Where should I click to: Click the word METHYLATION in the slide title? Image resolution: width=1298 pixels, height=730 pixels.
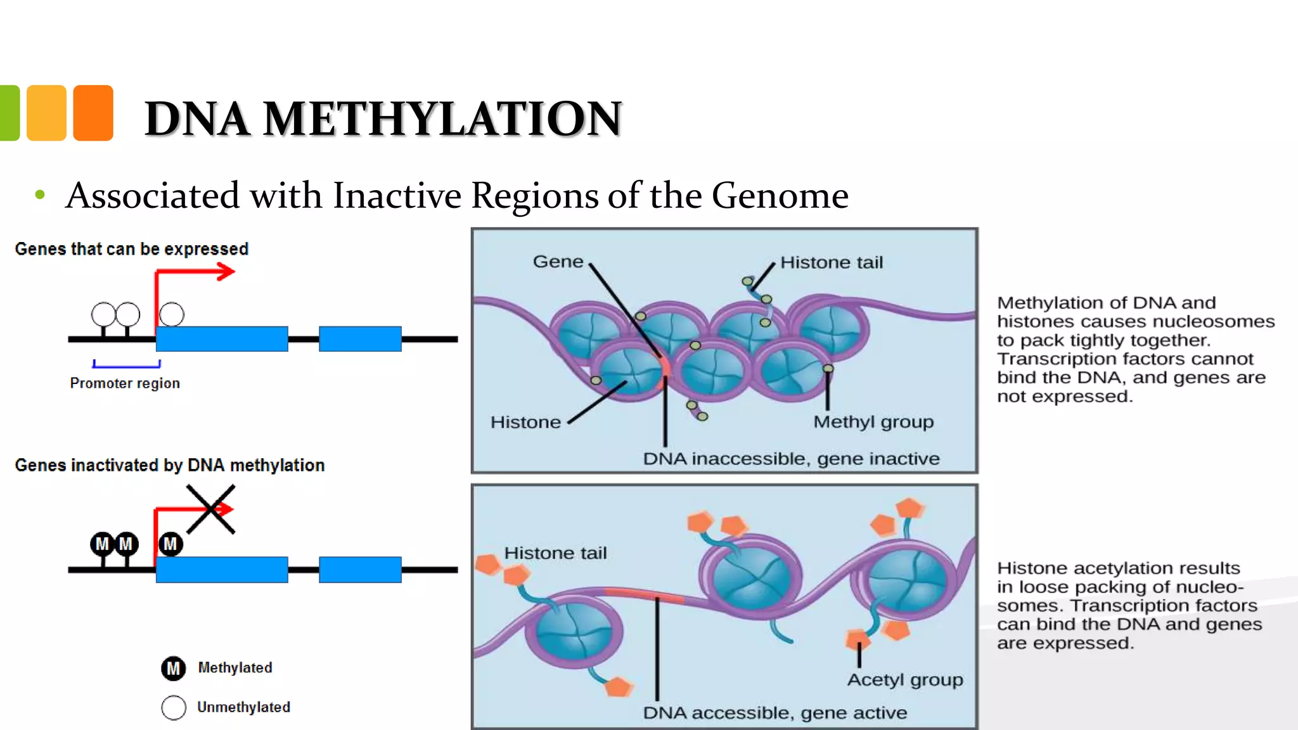click(x=442, y=119)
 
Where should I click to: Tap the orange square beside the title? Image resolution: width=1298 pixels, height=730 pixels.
click(x=93, y=113)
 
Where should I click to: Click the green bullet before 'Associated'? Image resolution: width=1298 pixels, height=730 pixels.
click(x=40, y=195)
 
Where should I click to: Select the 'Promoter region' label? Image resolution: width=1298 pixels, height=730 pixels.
click(x=125, y=383)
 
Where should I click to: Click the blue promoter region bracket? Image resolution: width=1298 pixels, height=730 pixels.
click(x=127, y=365)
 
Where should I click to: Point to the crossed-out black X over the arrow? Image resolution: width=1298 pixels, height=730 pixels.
click(x=211, y=509)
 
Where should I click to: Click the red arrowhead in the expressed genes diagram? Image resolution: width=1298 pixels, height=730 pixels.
click(x=226, y=272)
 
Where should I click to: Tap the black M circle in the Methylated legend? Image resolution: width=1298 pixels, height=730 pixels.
click(x=173, y=669)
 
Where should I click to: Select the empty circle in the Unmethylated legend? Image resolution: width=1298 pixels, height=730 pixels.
click(x=174, y=708)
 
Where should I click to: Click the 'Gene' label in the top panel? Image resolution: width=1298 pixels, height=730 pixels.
click(x=558, y=262)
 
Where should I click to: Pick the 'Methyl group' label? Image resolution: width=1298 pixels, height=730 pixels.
click(x=873, y=422)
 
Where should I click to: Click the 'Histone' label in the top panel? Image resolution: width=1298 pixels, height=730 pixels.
click(x=525, y=423)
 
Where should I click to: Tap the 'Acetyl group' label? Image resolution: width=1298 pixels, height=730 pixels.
click(x=905, y=680)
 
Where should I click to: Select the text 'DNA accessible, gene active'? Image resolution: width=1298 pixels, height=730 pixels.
click(x=774, y=714)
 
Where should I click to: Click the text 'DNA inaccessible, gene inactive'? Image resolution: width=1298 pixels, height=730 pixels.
click(x=791, y=459)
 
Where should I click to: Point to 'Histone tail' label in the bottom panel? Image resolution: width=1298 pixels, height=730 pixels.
click(x=555, y=553)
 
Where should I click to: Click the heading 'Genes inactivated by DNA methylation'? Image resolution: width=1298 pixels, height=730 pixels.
click(x=170, y=465)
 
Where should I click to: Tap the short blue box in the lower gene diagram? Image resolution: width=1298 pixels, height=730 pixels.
click(x=360, y=570)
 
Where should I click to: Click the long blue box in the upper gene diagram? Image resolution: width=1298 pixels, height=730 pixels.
click(x=222, y=339)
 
